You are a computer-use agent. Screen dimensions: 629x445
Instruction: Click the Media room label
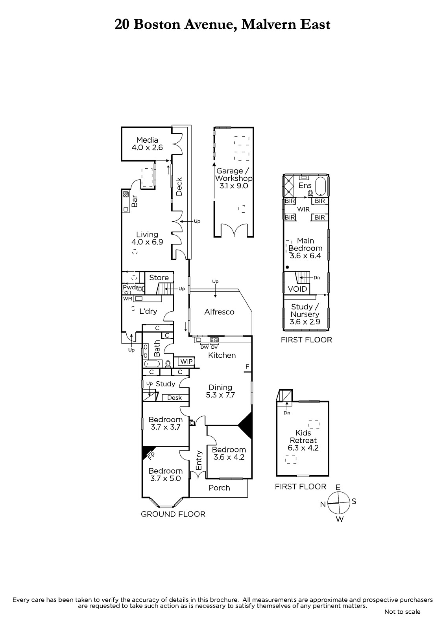coord(147,140)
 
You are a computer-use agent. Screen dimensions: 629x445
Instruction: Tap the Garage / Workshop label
coord(233,175)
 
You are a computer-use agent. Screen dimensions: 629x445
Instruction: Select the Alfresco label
coord(219,312)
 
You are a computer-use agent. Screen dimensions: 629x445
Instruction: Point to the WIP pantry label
coord(186,361)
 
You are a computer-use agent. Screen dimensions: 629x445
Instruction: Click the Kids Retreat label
coord(303,436)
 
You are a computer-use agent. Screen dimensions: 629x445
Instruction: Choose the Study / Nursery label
coord(305,311)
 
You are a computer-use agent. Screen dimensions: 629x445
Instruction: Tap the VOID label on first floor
coord(297,289)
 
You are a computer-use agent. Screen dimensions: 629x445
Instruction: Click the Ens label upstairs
coord(305,186)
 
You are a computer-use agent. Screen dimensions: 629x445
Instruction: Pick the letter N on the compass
coord(323,504)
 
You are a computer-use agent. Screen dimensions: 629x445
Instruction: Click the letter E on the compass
coord(338,487)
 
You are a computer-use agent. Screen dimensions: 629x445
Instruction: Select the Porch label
coord(219,488)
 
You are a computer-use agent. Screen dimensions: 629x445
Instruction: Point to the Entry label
coord(199,460)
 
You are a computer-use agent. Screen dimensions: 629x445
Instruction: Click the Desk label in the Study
coord(174,397)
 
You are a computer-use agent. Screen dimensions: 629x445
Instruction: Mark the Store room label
coord(159,278)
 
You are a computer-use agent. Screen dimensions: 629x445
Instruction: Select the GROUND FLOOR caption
coord(173,514)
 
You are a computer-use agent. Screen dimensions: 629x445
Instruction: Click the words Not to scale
coord(402,612)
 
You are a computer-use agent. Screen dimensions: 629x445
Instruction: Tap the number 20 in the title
coord(122,24)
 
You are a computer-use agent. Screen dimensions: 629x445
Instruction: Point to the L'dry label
coord(148,311)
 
